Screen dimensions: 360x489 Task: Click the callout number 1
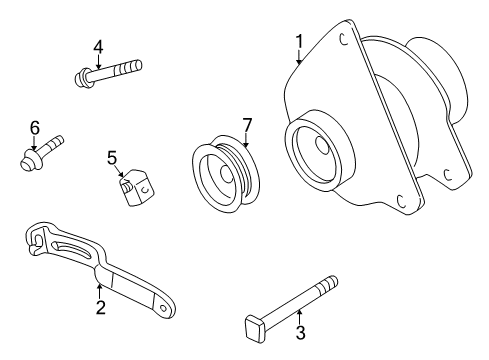pyautogui.click(x=298, y=41)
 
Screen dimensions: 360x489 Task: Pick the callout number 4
pyautogui.click(x=97, y=46)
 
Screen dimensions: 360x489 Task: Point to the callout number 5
pyautogui.click(x=113, y=156)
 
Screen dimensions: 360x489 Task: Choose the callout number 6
pyautogui.click(x=34, y=127)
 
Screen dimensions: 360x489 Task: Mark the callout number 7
pyautogui.click(x=246, y=124)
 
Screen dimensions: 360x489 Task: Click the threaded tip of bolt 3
pyautogui.click(x=330, y=284)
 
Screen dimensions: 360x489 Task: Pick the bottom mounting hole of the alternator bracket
pyautogui.click(x=400, y=200)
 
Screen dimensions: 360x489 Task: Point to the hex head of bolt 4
pyautogui.click(x=81, y=75)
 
